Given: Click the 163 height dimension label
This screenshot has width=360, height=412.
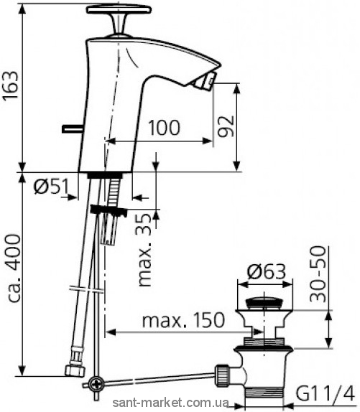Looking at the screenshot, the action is tap(11, 85).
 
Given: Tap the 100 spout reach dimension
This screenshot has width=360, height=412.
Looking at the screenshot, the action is tap(165, 128).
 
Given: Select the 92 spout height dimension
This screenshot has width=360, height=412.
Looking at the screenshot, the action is tap(226, 126).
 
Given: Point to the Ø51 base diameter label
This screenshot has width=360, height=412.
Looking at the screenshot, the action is tap(51, 186).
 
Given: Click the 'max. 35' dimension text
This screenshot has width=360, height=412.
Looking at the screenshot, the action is tap(144, 249).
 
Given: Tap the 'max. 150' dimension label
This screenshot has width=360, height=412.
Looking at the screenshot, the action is tap(183, 320).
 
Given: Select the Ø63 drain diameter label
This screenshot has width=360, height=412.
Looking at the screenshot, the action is tap(266, 271).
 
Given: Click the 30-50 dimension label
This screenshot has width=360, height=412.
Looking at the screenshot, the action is tap(318, 274).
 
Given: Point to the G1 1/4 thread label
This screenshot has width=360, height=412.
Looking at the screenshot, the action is tap(325, 393).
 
